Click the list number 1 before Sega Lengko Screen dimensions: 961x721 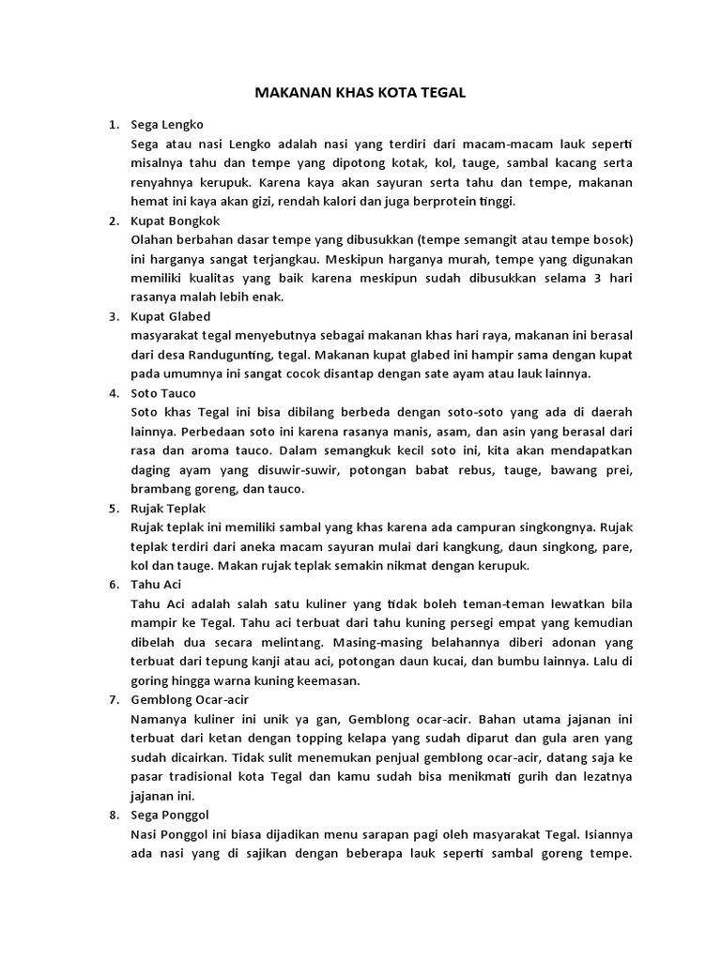pos(113,124)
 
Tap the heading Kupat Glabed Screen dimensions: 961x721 pos(171,316)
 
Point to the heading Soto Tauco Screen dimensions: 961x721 pos(163,393)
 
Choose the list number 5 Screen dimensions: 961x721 pos(113,508)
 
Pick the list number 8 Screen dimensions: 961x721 pos(113,815)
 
